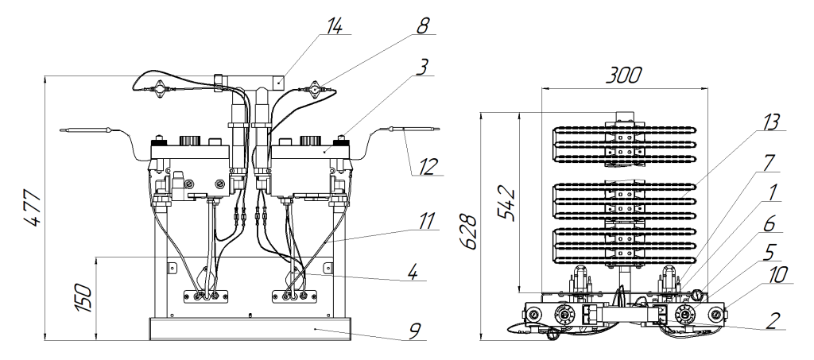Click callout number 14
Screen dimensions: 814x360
click(334, 26)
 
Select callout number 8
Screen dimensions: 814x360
click(423, 26)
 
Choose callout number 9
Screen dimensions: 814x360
click(413, 331)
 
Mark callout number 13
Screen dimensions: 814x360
click(772, 122)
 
